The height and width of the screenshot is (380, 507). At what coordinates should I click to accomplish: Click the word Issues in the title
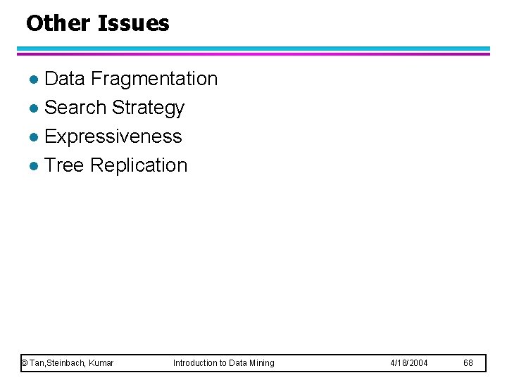[134, 24]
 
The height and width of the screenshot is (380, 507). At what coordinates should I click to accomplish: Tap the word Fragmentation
[154, 79]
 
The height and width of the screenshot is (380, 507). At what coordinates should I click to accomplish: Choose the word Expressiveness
[113, 137]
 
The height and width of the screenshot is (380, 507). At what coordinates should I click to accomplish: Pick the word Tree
[64, 165]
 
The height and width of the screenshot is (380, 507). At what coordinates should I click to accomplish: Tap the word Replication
[139, 166]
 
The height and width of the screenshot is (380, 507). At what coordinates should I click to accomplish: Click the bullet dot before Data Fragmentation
[33, 80]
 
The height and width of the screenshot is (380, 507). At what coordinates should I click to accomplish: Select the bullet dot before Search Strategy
[33, 108]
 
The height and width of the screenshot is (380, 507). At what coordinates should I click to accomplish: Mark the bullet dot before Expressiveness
[33, 137]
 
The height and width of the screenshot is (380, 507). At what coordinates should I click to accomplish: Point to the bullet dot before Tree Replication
[33, 166]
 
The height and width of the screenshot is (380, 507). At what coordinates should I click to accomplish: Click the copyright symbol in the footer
[25, 363]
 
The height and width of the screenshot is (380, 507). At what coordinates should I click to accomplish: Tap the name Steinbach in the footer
[65, 363]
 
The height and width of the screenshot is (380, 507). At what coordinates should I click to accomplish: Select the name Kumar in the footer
[101, 363]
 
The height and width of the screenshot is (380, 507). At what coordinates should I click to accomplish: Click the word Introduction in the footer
[196, 363]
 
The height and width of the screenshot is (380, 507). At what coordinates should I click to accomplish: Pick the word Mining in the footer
[261, 363]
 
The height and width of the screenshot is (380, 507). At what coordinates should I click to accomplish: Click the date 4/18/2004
[409, 363]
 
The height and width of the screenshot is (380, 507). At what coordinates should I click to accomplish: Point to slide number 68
[468, 363]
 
